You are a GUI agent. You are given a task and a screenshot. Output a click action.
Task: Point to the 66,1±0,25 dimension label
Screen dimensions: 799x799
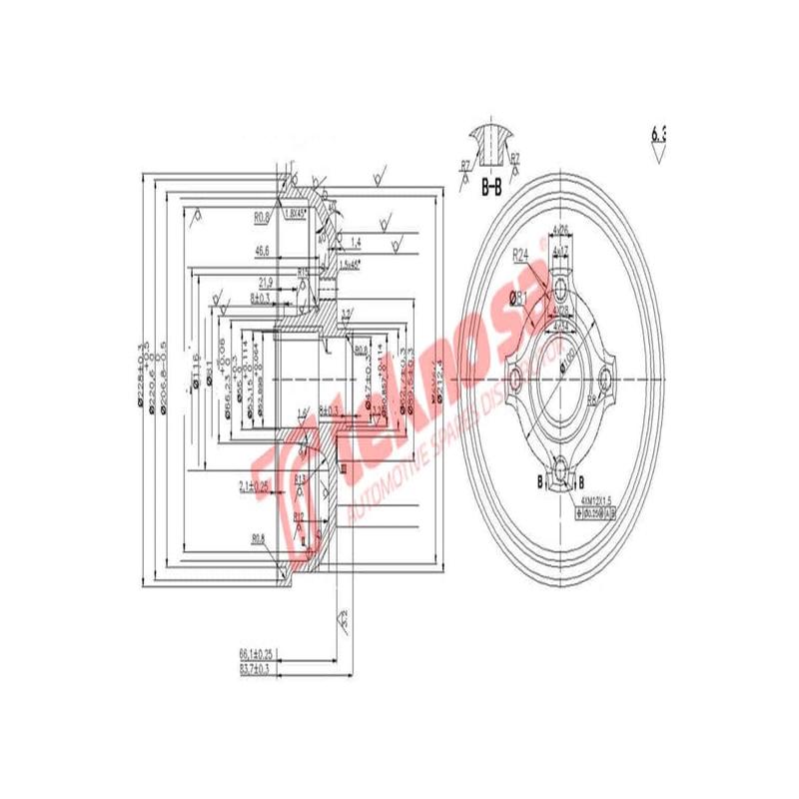(x=256, y=653)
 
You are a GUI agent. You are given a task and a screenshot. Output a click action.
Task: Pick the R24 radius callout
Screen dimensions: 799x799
(x=521, y=256)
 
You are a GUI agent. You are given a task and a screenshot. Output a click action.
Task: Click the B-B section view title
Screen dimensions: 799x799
(x=491, y=187)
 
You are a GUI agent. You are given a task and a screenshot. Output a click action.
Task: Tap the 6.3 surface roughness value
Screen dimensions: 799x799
(x=657, y=133)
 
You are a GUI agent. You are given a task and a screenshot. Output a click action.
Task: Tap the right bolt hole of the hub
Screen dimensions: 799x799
(x=608, y=379)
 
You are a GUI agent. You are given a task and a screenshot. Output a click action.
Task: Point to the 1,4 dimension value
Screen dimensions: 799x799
(x=356, y=242)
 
